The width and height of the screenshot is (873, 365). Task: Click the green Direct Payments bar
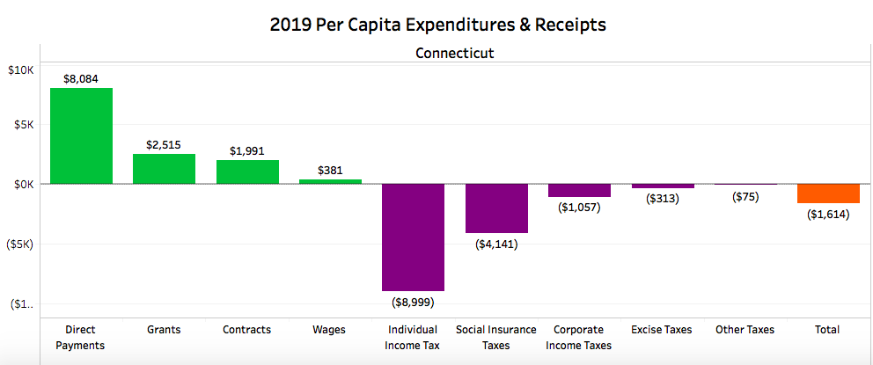81,135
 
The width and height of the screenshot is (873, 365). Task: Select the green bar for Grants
164,169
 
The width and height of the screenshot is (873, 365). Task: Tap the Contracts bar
247,172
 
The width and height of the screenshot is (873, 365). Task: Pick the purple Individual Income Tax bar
413,237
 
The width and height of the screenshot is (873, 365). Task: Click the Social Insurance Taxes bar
496,208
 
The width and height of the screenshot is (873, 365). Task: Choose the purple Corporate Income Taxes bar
579,190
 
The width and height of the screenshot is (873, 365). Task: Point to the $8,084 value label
81,78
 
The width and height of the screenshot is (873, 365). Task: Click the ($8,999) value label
413,302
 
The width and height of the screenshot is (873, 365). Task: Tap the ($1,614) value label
828,215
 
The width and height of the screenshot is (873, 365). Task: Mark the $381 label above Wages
330,171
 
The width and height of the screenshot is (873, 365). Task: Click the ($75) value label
745,197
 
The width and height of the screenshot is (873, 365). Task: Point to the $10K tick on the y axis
20,70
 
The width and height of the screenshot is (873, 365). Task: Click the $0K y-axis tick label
23,184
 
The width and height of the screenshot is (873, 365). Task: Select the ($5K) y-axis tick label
20,245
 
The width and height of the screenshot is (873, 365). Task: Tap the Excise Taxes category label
662,330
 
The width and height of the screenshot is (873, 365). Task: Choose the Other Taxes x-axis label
745,330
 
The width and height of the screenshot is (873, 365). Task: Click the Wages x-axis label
330,330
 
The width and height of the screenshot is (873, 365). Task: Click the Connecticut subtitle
454,53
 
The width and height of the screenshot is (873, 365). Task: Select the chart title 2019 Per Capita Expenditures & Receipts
437,25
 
